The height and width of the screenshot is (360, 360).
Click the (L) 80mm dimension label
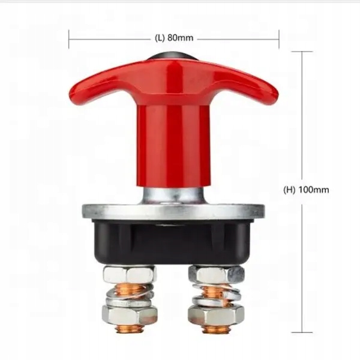174,38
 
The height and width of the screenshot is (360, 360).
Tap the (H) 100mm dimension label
306,190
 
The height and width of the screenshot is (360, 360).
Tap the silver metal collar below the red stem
173,195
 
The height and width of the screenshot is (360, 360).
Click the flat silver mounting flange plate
173,212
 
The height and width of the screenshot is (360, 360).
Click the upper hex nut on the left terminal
129,275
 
